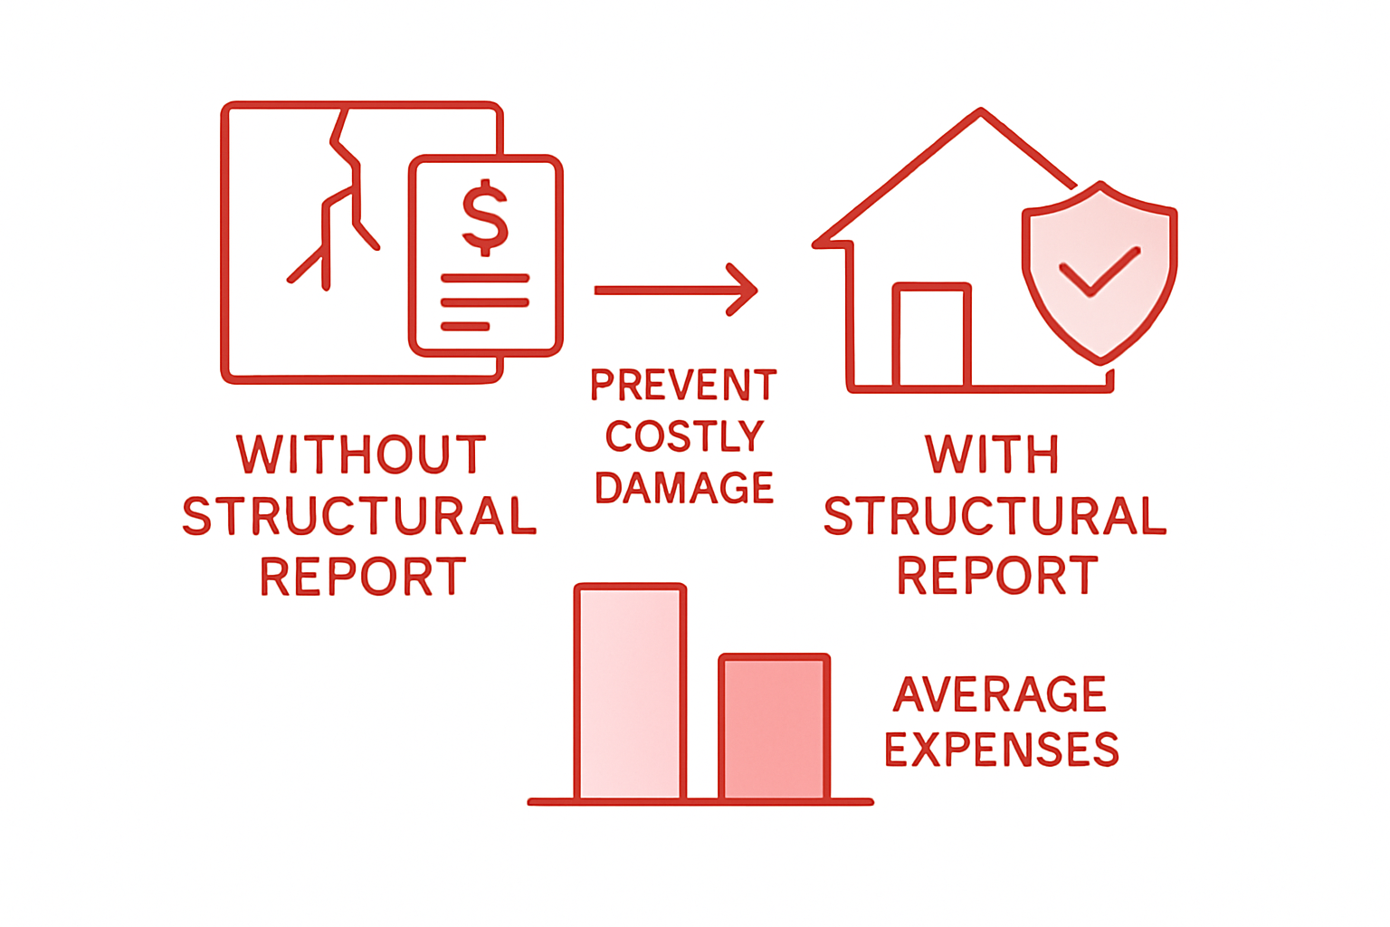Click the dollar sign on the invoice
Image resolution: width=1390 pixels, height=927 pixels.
[x=485, y=218]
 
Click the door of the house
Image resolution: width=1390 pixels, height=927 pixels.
[x=931, y=337]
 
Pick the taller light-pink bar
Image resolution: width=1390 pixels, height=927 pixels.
[x=630, y=693]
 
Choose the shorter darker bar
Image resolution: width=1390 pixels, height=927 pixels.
[x=775, y=728]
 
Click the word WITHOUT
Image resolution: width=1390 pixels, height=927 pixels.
[x=362, y=454]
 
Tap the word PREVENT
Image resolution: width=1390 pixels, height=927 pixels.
[x=683, y=386]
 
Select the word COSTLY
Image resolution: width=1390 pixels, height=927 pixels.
[x=685, y=437]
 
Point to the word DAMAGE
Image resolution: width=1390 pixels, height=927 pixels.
[x=684, y=488]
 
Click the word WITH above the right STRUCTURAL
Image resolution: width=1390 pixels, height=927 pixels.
[x=992, y=454]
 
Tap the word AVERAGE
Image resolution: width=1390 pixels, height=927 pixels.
[x=1000, y=695]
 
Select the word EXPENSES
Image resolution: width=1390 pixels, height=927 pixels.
[x=1002, y=750]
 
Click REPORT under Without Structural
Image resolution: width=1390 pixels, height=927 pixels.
[x=363, y=577]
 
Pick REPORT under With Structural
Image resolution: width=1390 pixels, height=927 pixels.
[x=997, y=576]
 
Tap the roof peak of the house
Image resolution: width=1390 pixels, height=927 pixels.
[x=980, y=112]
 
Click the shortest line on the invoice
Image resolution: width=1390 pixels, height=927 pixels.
[x=464, y=326]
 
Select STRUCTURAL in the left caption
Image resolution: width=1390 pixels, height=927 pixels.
[x=360, y=516]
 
